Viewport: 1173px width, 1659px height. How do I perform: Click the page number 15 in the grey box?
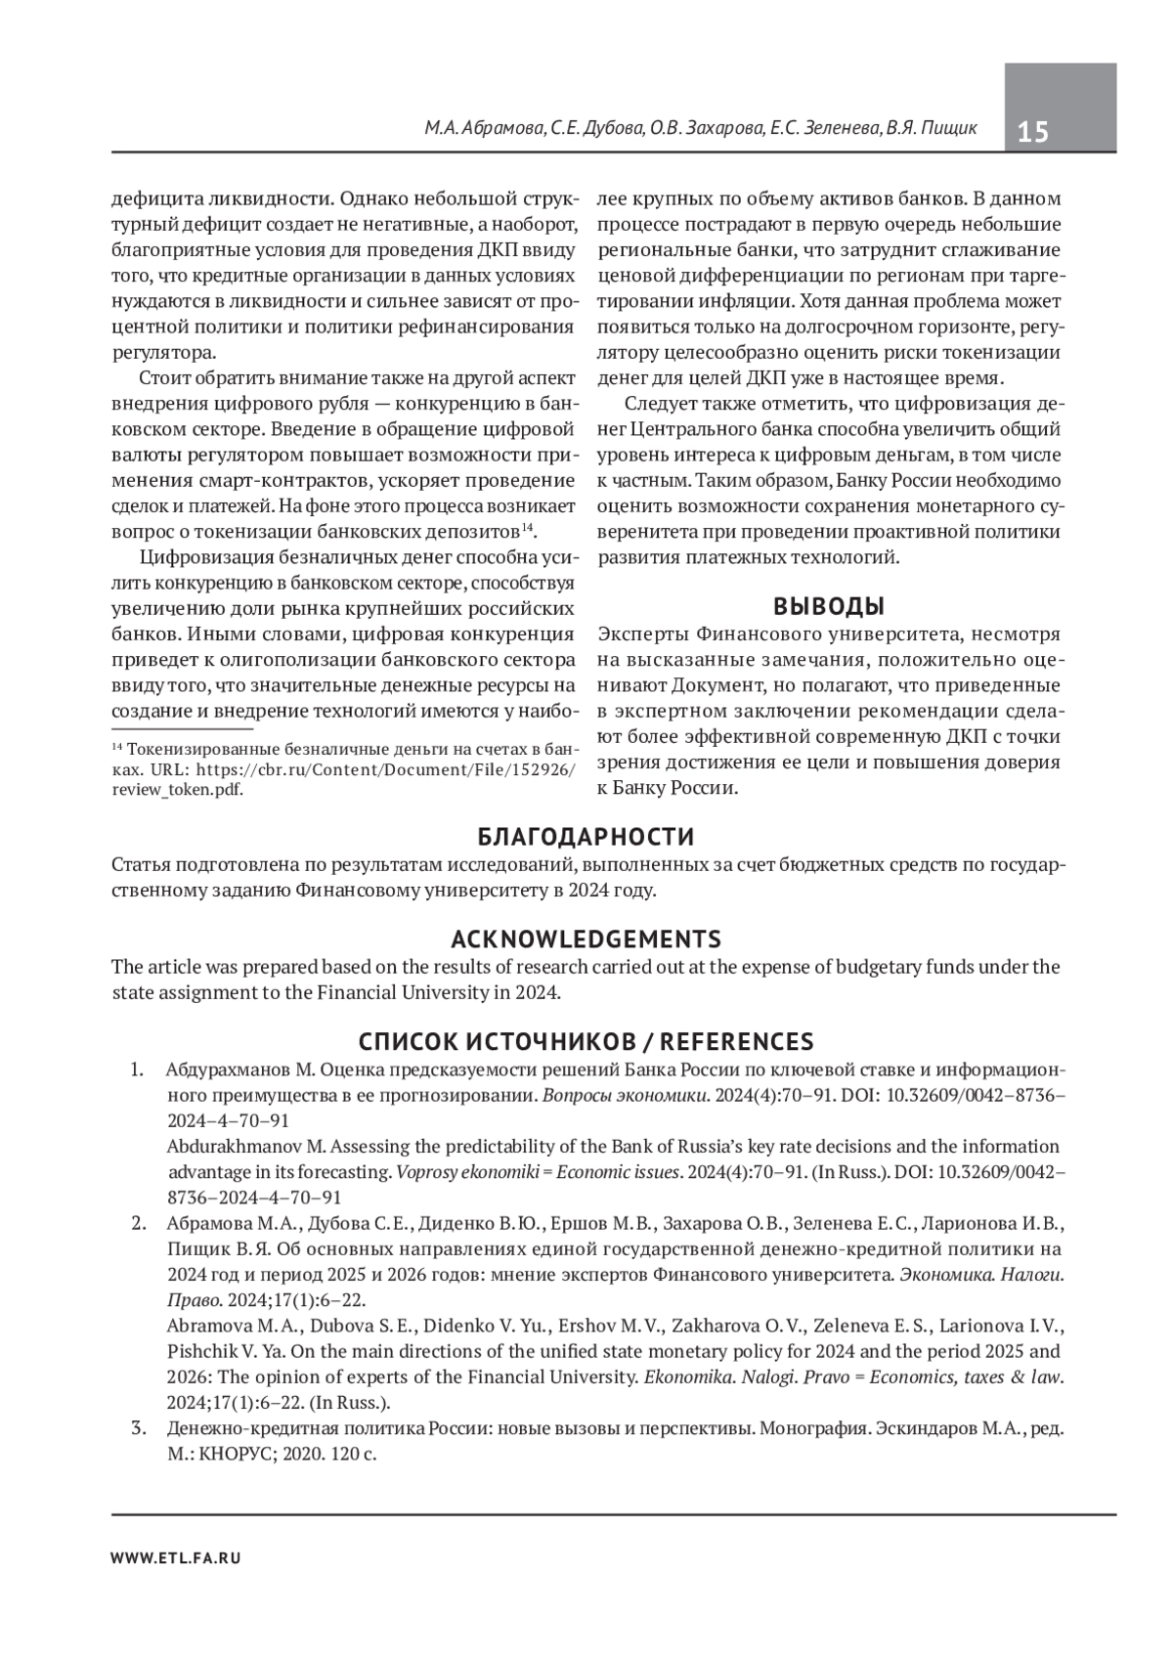tap(1033, 131)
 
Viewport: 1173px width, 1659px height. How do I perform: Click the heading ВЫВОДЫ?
tap(829, 606)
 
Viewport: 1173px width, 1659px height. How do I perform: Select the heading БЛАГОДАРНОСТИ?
tap(586, 837)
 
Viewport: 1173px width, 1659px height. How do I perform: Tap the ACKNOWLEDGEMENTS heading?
tap(586, 939)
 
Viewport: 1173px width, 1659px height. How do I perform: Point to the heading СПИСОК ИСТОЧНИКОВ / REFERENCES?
tap(586, 1041)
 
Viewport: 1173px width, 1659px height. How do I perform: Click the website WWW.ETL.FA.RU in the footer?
tap(176, 1558)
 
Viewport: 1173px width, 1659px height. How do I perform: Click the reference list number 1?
tap(138, 1069)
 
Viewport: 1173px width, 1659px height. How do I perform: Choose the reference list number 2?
tap(138, 1223)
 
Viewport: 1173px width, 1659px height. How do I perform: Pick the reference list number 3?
tap(138, 1428)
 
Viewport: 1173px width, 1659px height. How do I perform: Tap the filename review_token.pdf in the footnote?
tap(177, 791)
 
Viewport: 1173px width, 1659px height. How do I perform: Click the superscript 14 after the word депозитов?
tap(526, 528)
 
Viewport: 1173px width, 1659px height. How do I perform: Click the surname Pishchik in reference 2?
tap(202, 1352)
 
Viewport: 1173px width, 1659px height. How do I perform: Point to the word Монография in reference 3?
tap(813, 1428)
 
